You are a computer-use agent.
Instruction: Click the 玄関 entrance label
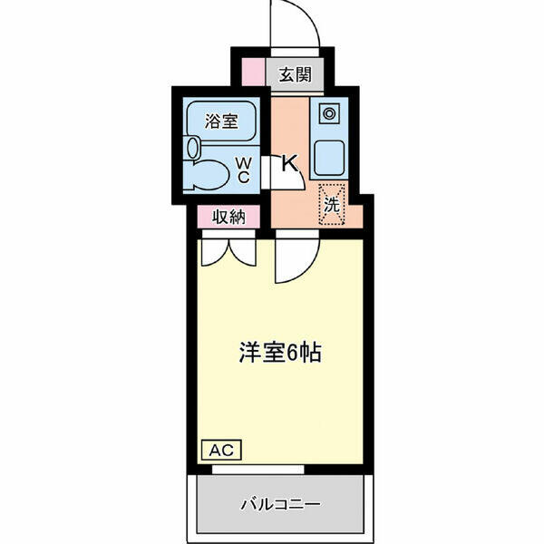click(x=296, y=74)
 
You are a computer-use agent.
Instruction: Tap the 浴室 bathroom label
click(x=221, y=121)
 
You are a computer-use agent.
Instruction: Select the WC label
click(x=244, y=170)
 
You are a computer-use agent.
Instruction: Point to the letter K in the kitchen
click(x=290, y=163)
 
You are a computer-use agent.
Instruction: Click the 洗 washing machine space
click(x=332, y=205)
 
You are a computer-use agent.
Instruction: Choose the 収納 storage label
click(x=228, y=218)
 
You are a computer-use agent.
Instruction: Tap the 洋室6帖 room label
click(x=280, y=353)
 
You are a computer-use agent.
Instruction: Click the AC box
click(x=222, y=450)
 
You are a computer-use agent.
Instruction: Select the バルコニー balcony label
click(x=281, y=504)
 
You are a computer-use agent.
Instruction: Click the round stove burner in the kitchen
click(x=329, y=113)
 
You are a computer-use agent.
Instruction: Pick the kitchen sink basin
click(x=329, y=157)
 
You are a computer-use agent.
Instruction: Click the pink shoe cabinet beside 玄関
click(x=254, y=72)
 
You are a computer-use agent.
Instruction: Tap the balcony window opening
click(x=258, y=470)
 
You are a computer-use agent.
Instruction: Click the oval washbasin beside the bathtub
click(x=193, y=148)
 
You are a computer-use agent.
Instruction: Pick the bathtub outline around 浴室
click(x=221, y=121)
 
